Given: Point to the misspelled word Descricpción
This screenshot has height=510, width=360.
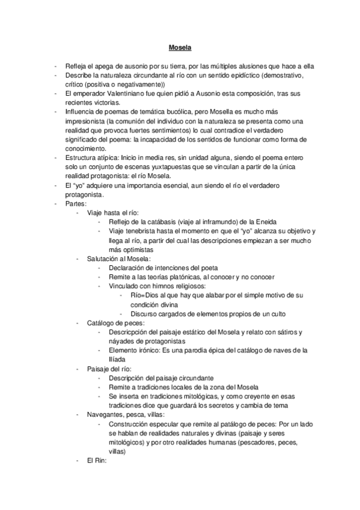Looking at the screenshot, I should (x=127, y=332).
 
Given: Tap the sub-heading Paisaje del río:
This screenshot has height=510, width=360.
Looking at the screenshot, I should (x=111, y=369).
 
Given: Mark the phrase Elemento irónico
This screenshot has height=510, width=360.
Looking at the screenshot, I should (x=133, y=351).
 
